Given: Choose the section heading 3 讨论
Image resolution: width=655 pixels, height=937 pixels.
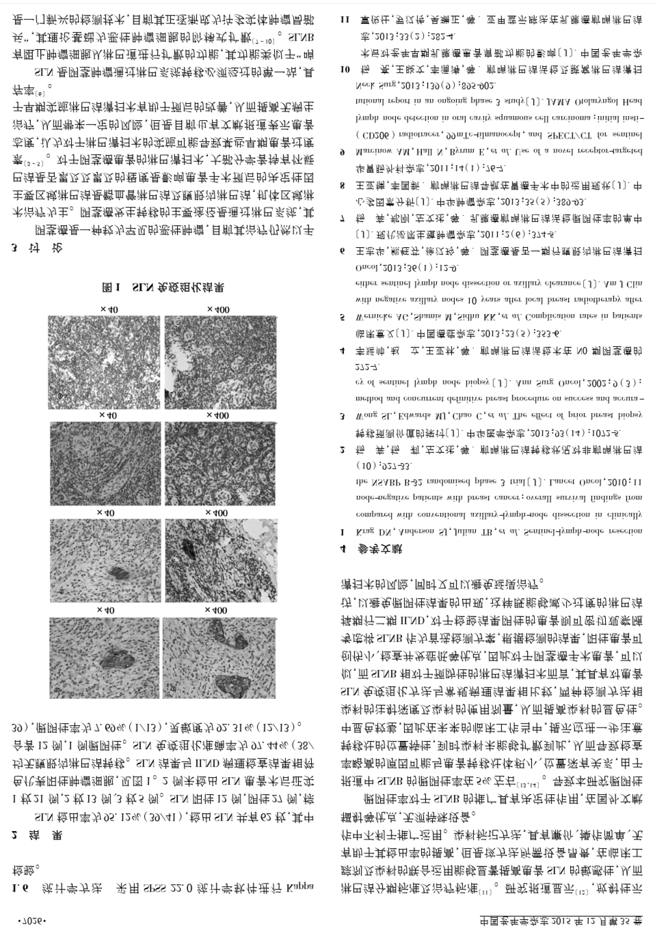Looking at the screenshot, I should pos(37,248).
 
